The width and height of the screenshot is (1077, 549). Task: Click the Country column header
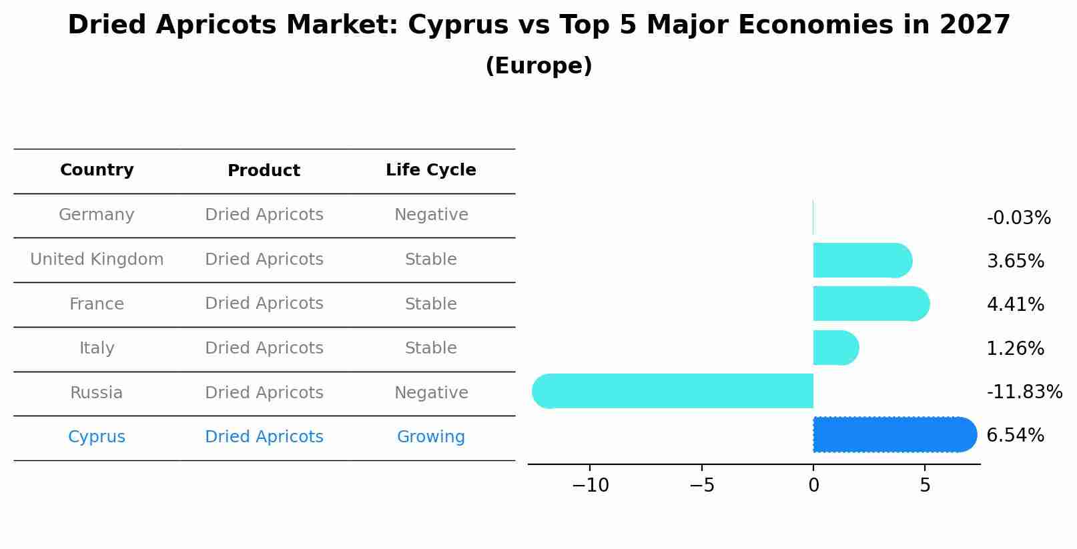click(x=97, y=170)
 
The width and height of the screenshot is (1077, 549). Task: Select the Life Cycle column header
click(x=430, y=170)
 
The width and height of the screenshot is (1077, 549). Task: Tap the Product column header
click(x=264, y=171)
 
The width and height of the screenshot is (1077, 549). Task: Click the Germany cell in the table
click(x=97, y=215)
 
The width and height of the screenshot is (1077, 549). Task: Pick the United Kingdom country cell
click(x=97, y=259)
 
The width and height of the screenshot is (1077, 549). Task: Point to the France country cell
click(x=97, y=304)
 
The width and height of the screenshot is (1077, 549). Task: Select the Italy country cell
click(x=97, y=348)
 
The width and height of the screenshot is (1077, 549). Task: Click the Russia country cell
click(x=97, y=393)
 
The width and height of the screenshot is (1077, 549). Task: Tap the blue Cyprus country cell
click(x=97, y=437)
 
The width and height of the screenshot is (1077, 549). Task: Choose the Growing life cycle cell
click(x=430, y=437)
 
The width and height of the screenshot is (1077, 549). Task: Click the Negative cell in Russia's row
click(x=430, y=393)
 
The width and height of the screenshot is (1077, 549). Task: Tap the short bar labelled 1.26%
click(x=835, y=348)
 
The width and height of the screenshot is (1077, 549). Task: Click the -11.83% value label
click(x=1024, y=392)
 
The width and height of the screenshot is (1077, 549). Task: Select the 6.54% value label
click(x=1015, y=436)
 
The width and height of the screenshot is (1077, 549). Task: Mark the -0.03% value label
click(x=1018, y=218)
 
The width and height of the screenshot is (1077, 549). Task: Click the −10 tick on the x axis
click(x=590, y=486)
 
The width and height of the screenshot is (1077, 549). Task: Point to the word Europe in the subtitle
click(x=538, y=66)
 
